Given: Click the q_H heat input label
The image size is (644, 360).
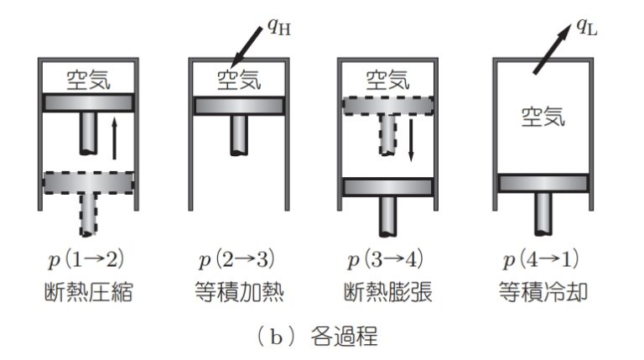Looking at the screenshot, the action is click(279, 27).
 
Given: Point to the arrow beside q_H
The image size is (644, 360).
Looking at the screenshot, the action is click(247, 46).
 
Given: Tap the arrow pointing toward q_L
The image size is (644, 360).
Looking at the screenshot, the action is click(553, 50).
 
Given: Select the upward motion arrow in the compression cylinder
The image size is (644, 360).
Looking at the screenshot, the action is click(115, 138).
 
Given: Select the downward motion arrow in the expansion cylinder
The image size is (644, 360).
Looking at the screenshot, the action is click(410, 140).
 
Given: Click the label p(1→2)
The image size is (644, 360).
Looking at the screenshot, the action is click(86, 260).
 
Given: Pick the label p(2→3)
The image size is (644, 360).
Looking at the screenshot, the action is click(237, 260).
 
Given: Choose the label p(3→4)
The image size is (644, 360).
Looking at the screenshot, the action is click(386, 260).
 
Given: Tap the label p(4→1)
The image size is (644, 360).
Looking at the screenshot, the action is click(542, 260).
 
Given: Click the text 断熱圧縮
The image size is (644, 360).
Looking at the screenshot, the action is click(88, 292).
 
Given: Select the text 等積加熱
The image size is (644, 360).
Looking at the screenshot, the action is click(239, 292).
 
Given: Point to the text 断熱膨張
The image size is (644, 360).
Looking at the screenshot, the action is click(387, 292).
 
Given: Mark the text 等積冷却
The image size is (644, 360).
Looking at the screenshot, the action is click(543, 292).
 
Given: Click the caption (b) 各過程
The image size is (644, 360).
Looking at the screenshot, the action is click(317, 337).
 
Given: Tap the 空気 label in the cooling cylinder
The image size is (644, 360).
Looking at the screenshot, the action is click(543, 117).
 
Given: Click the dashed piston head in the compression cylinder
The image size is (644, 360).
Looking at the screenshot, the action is click(88, 183).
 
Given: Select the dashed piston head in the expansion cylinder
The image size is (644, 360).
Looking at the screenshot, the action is click(388, 106).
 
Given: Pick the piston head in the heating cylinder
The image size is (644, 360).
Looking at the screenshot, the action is click(239, 106).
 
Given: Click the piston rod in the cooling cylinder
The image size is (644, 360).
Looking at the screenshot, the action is click(543, 214).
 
